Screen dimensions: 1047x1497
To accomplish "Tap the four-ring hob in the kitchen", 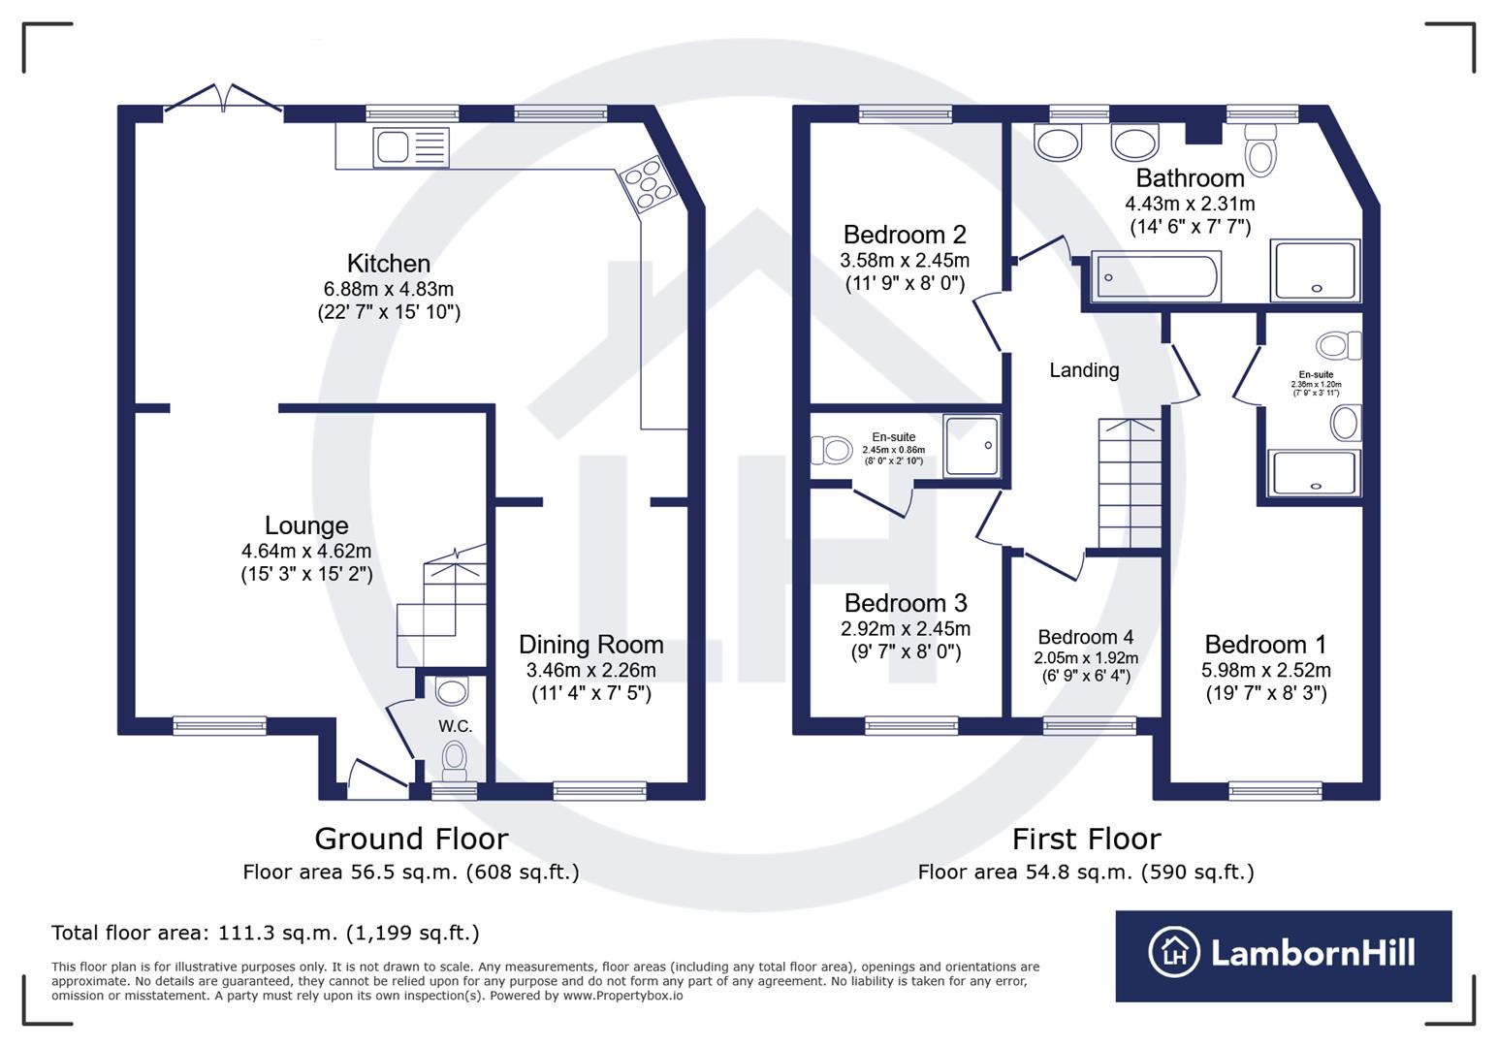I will click(x=647, y=184).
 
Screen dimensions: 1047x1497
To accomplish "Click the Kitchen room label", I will click(x=388, y=263).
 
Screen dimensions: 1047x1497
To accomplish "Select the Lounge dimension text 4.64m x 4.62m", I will click(x=306, y=551).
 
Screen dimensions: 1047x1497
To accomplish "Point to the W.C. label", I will click(x=455, y=726).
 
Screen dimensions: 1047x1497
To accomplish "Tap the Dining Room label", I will click(x=590, y=645).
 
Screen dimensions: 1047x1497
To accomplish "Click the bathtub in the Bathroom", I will click(x=1156, y=276).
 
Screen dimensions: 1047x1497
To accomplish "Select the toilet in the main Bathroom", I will click(x=1260, y=150).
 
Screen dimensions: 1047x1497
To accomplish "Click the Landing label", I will click(x=1084, y=369).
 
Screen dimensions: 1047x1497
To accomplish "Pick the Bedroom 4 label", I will click(x=1085, y=637).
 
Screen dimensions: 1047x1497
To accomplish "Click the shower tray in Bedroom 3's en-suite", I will click(x=971, y=446).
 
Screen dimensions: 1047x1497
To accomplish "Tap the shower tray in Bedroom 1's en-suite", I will click(x=1314, y=473).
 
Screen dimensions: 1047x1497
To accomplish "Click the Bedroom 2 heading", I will click(x=904, y=235).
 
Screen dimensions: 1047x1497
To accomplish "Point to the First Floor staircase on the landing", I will click(x=1129, y=484).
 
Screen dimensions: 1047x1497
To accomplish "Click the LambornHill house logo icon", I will click(x=1175, y=953).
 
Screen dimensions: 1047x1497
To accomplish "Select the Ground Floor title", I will click(x=411, y=839).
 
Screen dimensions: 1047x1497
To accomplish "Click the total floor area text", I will click(x=265, y=933).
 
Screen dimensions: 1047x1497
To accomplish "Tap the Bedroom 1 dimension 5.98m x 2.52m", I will click(x=1265, y=670).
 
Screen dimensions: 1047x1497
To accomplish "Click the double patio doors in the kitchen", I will click(x=224, y=101).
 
